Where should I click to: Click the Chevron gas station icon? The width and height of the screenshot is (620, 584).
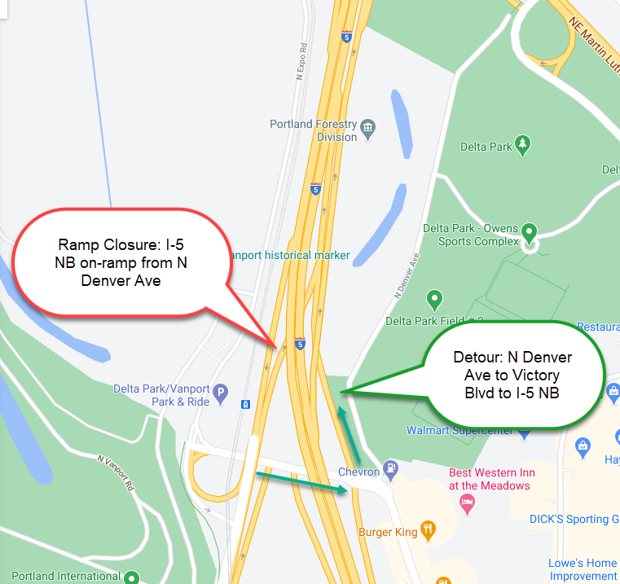click(391, 468)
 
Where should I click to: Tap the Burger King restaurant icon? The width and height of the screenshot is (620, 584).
click(426, 532)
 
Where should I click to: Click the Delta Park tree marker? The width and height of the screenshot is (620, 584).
click(523, 146)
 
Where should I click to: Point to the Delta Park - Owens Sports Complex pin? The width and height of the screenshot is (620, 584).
click(530, 233)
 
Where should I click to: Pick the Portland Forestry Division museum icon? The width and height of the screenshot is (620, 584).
click(368, 126)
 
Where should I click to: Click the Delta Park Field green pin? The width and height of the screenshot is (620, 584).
click(435, 300)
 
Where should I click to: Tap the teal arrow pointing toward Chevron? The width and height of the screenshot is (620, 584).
click(301, 481)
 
